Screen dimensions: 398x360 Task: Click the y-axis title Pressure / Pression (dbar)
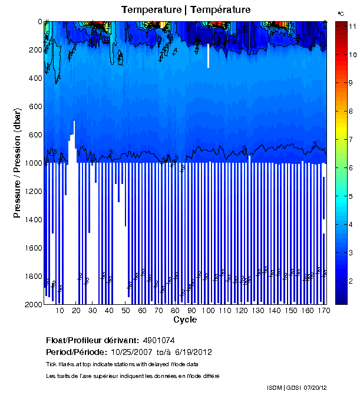click(x=17, y=163)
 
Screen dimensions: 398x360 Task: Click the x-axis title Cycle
click(x=185, y=320)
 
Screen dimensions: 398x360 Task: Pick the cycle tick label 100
click(x=207, y=311)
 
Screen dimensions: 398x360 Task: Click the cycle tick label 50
click(x=125, y=311)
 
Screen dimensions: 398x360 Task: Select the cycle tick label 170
click(x=322, y=311)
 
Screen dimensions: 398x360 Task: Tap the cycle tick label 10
click(x=60, y=311)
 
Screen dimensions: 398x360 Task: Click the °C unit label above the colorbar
click(x=341, y=13)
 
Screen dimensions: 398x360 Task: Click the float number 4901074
click(x=159, y=340)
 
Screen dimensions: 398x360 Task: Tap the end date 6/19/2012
click(x=191, y=352)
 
